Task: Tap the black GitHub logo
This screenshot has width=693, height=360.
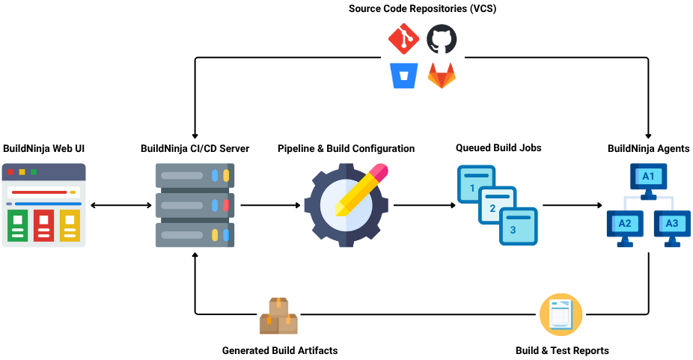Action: click(442, 40)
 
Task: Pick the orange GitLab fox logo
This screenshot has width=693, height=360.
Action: click(442, 76)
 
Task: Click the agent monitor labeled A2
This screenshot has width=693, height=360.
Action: click(625, 225)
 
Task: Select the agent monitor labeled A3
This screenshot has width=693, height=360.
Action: click(672, 225)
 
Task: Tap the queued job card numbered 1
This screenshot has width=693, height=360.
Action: click(474, 184)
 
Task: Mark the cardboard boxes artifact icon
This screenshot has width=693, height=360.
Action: click(278, 316)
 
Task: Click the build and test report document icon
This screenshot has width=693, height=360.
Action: click(561, 314)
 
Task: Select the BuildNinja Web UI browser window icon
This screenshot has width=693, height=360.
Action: click(44, 204)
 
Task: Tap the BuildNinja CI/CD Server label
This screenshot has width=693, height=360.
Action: click(195, 148)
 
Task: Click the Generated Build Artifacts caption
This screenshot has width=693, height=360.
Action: click(279, 350)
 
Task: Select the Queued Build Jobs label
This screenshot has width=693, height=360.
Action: click(498, 148)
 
